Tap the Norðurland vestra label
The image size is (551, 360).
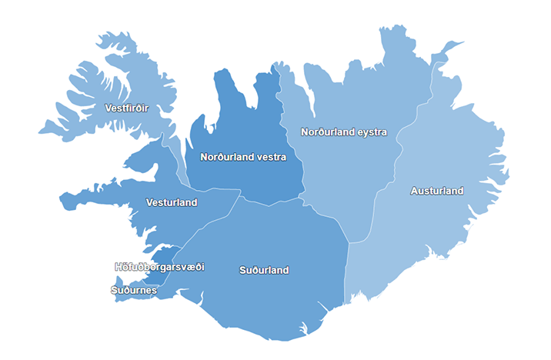click(242, 157)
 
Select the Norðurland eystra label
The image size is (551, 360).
click(343, 132)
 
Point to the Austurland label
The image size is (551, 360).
click(437, 191)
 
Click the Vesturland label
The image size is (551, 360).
click(172, 202)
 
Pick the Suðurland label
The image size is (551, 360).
click(264, 270)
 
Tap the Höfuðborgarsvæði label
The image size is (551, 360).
click(159, 267)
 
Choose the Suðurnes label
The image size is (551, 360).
click(134, 290)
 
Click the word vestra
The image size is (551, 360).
click(270, 157)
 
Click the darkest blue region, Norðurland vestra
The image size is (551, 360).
click(231, 115)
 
